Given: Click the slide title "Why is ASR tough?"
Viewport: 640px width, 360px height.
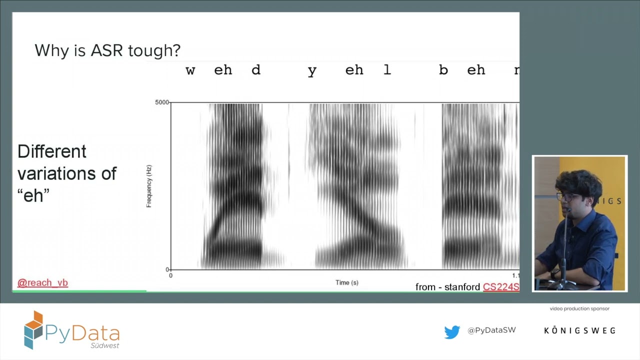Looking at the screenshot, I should point(107,50).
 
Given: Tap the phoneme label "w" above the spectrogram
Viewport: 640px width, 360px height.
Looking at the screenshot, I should point(190,70).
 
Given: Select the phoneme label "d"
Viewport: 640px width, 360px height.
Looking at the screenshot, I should point(255,70).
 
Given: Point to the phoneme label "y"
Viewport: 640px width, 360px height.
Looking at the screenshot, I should point(312,71).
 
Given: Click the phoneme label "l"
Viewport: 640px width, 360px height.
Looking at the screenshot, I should point(387,70).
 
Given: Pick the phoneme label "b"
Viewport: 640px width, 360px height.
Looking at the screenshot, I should point(443,70).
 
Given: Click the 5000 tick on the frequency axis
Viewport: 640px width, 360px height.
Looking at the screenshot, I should point(161,102).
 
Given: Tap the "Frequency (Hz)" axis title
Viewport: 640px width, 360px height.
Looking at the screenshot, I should point(149,186).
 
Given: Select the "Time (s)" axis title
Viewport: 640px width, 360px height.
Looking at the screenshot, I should point(346,282).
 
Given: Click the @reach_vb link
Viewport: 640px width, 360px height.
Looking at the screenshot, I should point(42,283).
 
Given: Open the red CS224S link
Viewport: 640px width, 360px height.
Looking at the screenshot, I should point(500,287).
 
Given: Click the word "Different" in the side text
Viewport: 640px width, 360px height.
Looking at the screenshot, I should point(52,151).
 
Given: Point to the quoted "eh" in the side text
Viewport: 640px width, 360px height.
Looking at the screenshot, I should point(33,195).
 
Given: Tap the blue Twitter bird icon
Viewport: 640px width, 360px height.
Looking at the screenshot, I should point(452,332).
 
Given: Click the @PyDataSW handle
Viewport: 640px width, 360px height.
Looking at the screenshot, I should point(491,330).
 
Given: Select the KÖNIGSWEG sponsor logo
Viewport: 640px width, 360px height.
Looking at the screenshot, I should point(579,330).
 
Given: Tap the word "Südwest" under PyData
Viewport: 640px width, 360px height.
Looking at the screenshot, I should point(104,345).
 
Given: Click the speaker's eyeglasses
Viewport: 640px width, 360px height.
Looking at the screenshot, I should point(567,197).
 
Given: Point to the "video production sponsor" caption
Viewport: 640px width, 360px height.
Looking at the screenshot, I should point(579,308).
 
